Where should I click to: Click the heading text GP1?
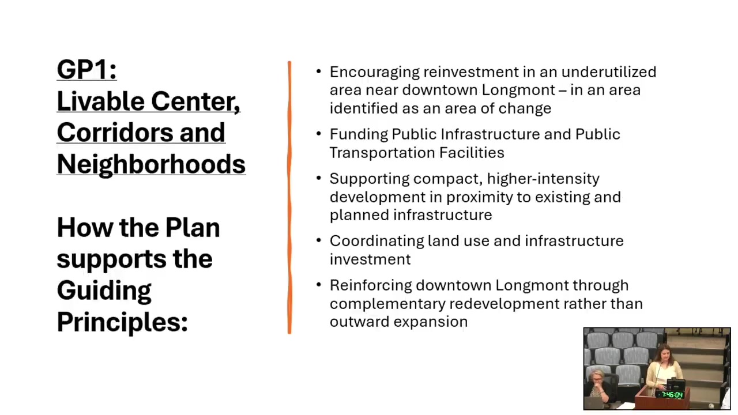point(86,70)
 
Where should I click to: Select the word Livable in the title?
point(100,101)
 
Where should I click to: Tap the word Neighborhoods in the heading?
point(151,164)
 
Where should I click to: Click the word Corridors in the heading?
point(115,133)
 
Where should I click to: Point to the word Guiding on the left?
point(104,290)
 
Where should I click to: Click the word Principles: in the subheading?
point(122,322)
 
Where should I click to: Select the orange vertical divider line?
point(289,198)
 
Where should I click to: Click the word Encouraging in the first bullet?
point(375,73)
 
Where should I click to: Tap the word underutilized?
point(609,72)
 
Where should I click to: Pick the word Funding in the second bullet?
point(359,135)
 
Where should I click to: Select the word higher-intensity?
point(543,179)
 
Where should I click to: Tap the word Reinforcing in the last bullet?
point(371,286)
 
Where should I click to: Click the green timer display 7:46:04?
point(672,395)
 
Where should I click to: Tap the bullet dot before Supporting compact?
point(319,178)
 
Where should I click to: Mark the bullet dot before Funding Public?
point(319,134)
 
